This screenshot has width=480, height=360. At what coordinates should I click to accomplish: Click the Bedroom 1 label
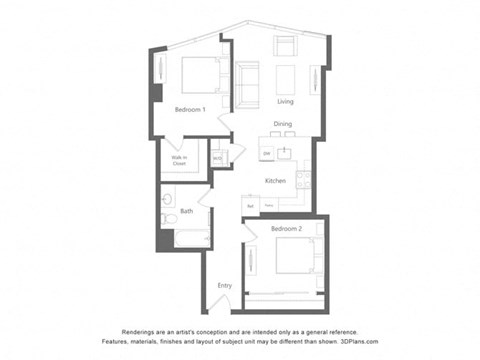pos(190,109)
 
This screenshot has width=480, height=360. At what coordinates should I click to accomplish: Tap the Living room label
pos(285,102)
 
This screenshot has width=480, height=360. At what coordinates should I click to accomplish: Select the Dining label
pos(283,124)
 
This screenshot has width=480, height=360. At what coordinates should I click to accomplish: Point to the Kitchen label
pos(276,180)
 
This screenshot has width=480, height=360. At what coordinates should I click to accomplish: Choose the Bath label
pos(187,210)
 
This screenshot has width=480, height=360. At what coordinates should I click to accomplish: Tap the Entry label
pos(225,286)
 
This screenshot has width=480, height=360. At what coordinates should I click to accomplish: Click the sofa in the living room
pos(247,79)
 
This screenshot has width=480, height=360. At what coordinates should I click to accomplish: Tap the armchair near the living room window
pos(285,46)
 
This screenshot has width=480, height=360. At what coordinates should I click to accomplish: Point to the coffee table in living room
pos(285,78)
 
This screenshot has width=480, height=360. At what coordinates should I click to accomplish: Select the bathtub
pos(190,239)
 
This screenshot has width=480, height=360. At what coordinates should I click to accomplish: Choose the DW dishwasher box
pos(267,153)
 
